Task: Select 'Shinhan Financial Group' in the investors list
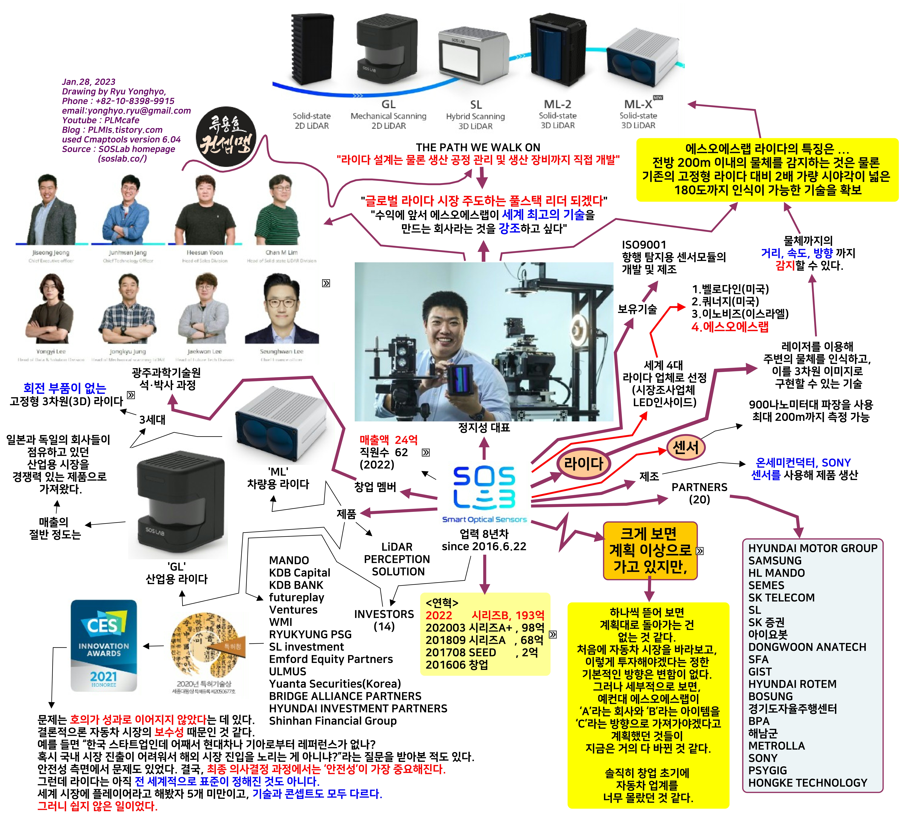(x=333, y=721)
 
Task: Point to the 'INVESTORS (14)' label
(x=384, y=620)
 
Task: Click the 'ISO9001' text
(x=644, y=245)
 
